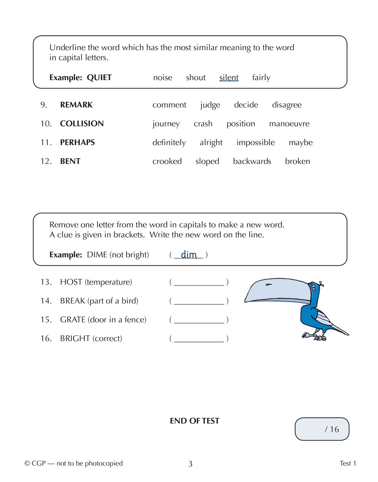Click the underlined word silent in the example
pos(229,78)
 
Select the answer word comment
pos(169,105)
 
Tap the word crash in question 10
pos(203,124)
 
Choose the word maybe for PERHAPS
pos(300,142)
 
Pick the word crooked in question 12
pos(167,161)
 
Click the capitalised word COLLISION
pos(82,124)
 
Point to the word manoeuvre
pos(289,124)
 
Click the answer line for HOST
pos(199,282)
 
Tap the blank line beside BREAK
pos(199,301)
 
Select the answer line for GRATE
pos(199,320)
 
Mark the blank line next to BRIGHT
pos(199,339)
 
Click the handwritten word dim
pos(189,254)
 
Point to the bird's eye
pos(313,288)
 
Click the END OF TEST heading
pos(194,421)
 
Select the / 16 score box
pos(322,429)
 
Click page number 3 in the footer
pos(190,464)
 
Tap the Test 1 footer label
pos(348,463)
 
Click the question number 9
pos(44,105)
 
